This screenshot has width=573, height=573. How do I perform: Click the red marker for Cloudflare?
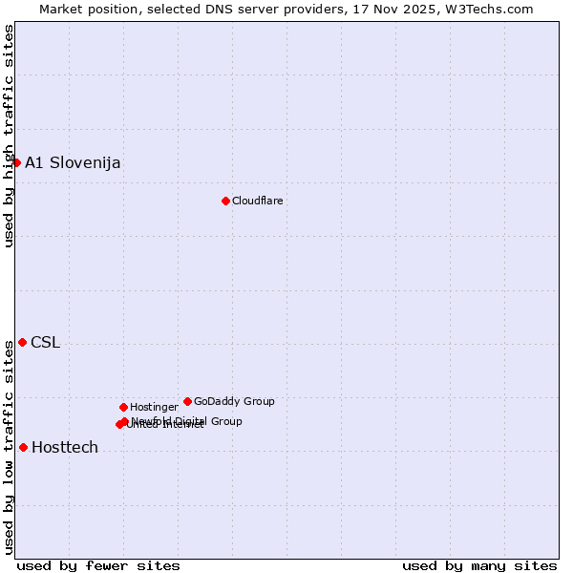tap(225, 201)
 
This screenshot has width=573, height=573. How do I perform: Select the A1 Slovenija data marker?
tap(16, 162)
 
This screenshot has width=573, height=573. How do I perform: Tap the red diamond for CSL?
tap(22, 342)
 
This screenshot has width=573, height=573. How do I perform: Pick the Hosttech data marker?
tap(23, 447)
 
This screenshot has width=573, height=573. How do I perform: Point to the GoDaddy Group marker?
tap(187, 401)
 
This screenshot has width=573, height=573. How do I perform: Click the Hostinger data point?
tap(123, 407)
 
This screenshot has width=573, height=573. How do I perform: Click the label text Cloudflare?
tap(258, 201)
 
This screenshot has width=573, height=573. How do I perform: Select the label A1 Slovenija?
tap(73, 162)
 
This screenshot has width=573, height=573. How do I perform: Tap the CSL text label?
tap(45, 343)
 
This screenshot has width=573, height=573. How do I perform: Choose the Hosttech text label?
tap(65, 447)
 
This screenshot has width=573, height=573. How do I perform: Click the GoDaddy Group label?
tap(234, 401)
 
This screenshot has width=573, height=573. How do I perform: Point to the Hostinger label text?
tap(154, 407)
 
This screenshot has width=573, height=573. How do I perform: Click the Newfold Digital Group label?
tap(187, 421)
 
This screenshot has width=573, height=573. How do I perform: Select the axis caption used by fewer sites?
tap(98, 565)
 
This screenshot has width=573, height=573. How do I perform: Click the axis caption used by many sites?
tap(479, 565)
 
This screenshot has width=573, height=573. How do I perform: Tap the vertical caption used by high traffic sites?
tap(9, 137)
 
